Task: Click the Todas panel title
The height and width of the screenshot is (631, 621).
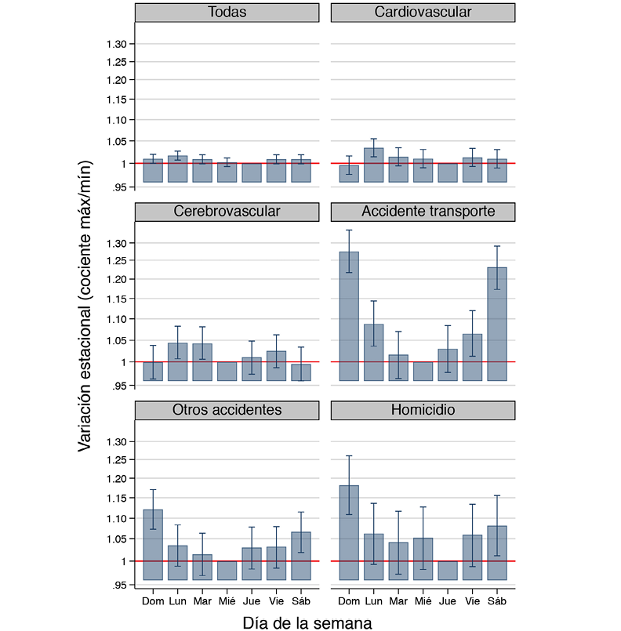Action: (227, 13)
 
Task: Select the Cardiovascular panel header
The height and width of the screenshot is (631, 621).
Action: (423, 13)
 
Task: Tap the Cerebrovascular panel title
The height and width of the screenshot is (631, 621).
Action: (227, 212)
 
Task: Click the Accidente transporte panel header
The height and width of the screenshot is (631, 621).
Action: (423, 212)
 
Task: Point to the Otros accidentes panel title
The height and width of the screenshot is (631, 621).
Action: (227, 411)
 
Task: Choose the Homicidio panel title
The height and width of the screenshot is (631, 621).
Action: (423, 411)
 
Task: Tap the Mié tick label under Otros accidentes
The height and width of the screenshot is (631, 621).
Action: (227, 601)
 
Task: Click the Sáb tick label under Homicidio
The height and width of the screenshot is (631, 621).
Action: (497, 601)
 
